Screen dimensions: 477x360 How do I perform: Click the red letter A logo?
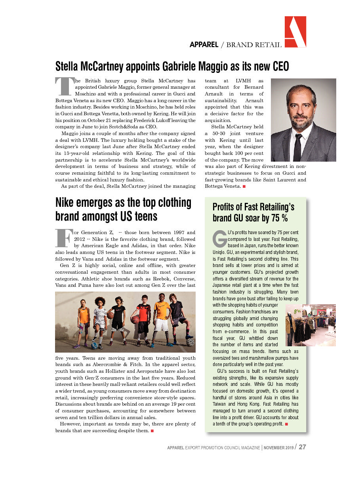pos(295,32)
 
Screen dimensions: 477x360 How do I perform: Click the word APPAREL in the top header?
pos(204,45)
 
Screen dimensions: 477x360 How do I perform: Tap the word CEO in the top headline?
pos(278,66)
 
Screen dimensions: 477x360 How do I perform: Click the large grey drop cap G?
pos(219,237)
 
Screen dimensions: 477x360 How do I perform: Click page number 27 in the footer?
pos(303,447)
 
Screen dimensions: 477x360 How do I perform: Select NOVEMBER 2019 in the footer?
pos(279,447)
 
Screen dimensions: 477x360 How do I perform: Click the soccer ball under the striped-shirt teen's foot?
pos(95,345)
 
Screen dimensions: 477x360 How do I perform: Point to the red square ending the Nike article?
pos(152,431)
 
